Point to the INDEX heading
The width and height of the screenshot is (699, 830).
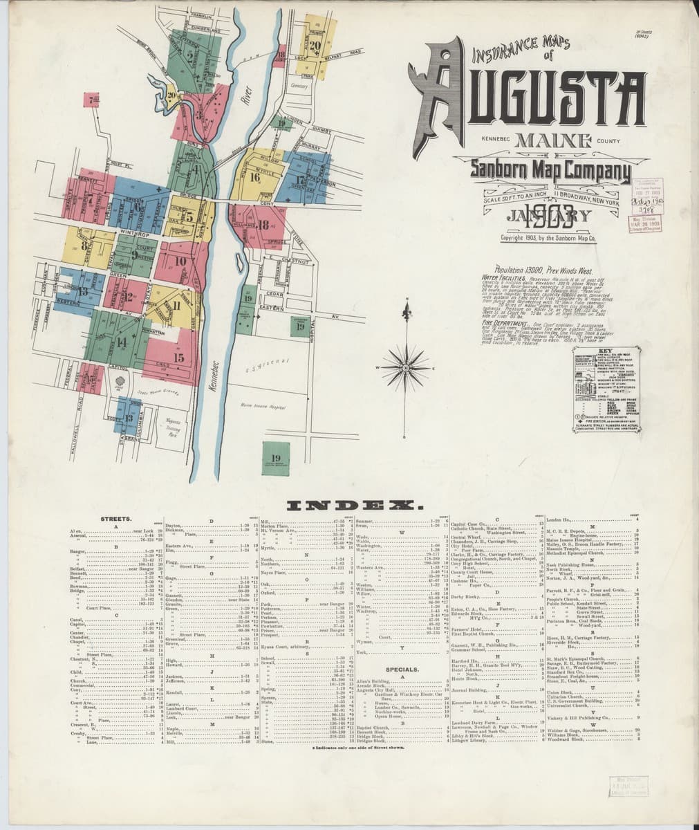[x=349, y=507]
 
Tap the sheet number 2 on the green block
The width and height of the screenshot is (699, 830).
[x=190, y=57]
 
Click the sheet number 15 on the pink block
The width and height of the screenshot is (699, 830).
[x=179, y=358]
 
